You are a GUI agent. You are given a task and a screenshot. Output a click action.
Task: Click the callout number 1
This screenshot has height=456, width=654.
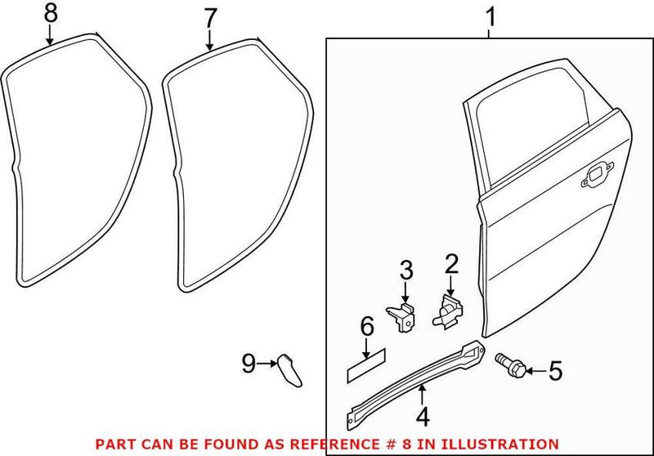(490, 16)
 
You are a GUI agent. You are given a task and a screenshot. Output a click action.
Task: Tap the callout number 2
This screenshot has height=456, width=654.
(449, 264)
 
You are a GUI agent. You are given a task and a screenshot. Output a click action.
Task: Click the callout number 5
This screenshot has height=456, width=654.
(555, 373)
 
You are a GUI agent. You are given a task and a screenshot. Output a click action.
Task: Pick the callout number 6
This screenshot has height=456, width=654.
(366, 328)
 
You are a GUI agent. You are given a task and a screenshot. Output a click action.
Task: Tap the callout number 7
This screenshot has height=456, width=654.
(210, 16)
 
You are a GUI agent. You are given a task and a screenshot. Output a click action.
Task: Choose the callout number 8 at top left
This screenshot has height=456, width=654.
(50, 13)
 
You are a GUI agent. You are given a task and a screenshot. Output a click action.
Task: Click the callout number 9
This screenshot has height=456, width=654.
(249, 361)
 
